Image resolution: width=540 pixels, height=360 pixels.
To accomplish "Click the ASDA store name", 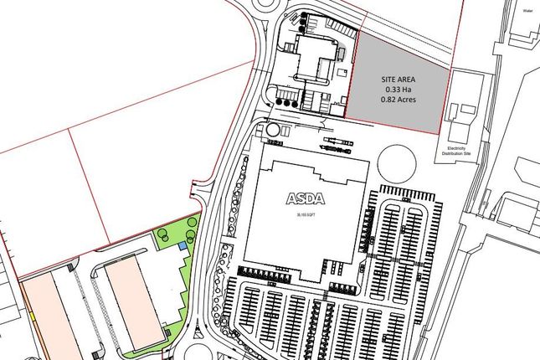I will coord(306,199).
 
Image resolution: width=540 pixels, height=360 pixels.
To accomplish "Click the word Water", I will coord(527,13).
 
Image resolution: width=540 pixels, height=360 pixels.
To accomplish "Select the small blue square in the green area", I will coord(183,245).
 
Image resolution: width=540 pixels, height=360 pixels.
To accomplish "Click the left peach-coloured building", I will coord(46,314).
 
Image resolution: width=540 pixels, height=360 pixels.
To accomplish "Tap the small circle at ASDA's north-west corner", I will coord(273,131).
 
